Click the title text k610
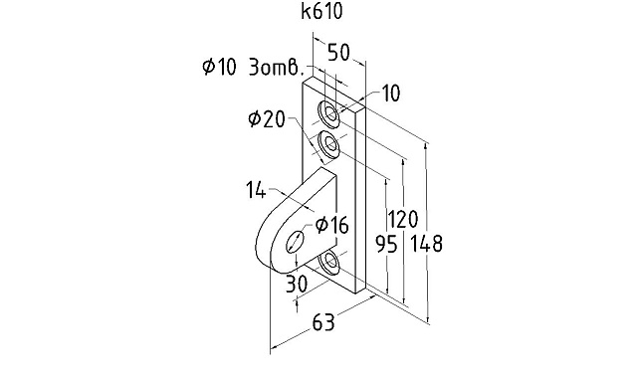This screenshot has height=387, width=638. coord(321,11)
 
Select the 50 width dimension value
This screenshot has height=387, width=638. coord(338,53)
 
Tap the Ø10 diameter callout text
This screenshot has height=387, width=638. coord(219,67)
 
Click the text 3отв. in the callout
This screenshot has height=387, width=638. coord(277,68)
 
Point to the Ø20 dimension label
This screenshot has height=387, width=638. coord(267,119)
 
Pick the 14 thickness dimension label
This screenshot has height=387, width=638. coord(257,190)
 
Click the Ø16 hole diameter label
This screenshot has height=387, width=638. coord(332,225)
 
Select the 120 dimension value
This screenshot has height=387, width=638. coord(402,219)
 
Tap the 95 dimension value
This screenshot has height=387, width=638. coord(386,245)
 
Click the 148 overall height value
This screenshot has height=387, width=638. coord(426,244)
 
